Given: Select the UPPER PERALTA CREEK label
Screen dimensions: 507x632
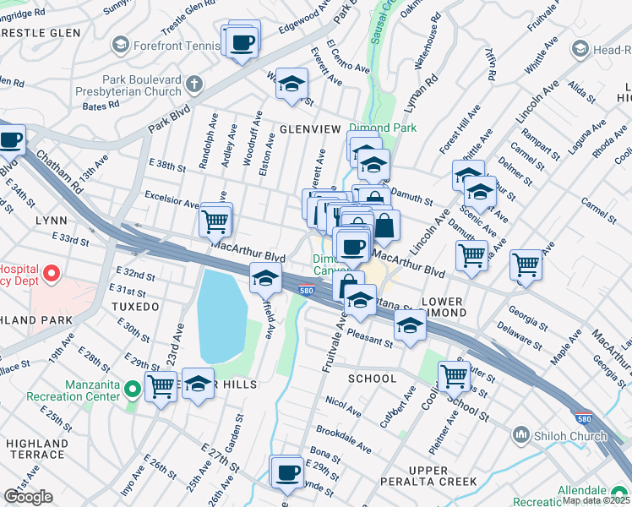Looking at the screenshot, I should tap(428, 477).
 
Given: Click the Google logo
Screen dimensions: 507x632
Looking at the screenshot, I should tap(28, 497).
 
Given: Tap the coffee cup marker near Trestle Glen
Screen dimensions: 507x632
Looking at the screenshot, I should tap(242, 41).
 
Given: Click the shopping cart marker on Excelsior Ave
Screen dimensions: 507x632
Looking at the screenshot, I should tap(215, 221).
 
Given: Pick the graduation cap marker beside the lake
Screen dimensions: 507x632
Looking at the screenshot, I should tap(265, 277).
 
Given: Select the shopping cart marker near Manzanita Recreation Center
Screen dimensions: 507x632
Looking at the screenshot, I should tap(160, 386).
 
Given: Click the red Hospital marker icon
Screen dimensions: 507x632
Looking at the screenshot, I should tap(51, 274).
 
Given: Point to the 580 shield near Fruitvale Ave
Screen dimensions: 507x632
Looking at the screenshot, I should tap(308, 291).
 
